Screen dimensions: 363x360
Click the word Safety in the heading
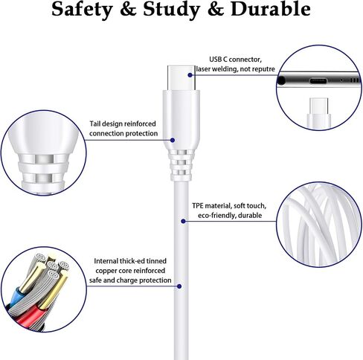[82, 10]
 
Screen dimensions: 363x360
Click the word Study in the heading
[172, 10]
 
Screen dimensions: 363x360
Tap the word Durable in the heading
[271, 9]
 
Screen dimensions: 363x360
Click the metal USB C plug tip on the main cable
[181, 77]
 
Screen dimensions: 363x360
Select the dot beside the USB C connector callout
[190, 75]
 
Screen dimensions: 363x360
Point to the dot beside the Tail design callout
[173, 141]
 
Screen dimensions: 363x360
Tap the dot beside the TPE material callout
[183, 221]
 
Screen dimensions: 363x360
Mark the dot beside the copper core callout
[179, 286]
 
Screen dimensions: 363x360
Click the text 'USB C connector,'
[235, 60]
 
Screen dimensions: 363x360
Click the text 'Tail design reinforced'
[123, 123]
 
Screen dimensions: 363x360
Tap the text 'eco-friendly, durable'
[230, 215]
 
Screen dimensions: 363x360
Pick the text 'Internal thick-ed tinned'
[130, 261]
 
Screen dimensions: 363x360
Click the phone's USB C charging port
[318, 80]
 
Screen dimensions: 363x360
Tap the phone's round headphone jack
[281, 80]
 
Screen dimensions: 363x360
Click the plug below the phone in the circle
[318, 113]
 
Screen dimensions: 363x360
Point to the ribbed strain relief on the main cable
[181, 165]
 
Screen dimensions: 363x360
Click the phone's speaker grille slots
[355, 80]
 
